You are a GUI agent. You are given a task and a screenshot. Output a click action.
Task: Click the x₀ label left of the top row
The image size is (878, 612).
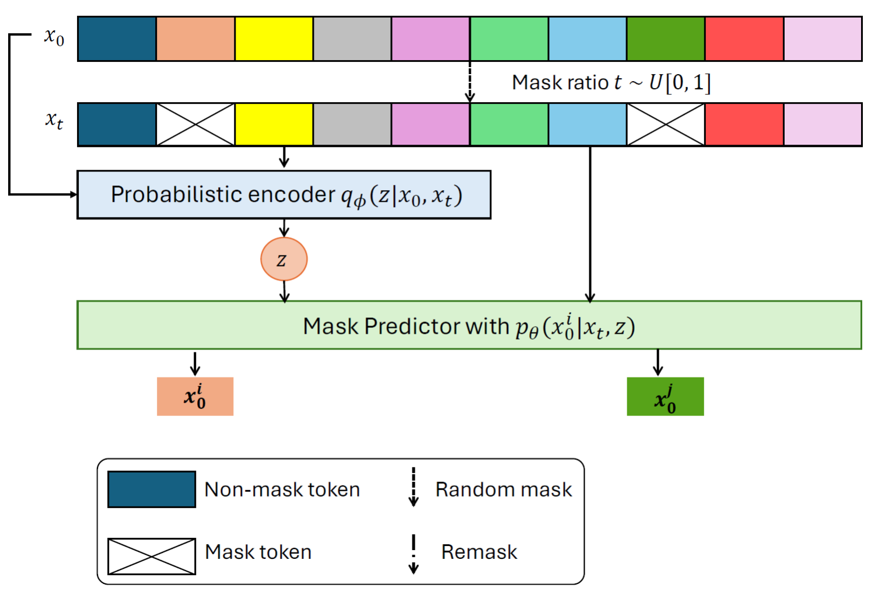[54, 37]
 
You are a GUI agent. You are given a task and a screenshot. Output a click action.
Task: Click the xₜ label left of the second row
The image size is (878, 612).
[54, 120]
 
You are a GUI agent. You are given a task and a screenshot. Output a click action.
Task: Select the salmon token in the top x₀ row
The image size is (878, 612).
[195, 39]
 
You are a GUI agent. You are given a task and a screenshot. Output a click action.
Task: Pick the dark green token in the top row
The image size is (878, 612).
[666, 39]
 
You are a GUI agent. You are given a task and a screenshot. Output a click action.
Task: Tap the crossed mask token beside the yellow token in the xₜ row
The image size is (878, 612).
[195, 124]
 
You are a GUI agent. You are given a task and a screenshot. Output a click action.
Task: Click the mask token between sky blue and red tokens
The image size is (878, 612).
[666, 124]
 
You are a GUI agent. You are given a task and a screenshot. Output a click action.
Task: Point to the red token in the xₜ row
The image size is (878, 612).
[744, 124]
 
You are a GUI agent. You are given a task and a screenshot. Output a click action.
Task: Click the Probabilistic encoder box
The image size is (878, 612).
[284, 195]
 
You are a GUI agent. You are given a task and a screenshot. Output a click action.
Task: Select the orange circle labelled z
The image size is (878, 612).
[284, 259]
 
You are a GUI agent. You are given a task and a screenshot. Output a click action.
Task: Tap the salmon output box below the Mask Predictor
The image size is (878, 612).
[195, 396]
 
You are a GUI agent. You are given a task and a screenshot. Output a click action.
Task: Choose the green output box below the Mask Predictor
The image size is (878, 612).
[665, 396]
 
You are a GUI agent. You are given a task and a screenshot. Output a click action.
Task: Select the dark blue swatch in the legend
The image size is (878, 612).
[152, 489]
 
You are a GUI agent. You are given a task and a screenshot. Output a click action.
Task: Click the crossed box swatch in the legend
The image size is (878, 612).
[152, 556]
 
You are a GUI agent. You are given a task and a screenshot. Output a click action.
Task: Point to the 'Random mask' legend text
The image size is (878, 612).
[503, 489]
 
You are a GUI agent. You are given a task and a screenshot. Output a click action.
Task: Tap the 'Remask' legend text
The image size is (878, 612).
[479, 552]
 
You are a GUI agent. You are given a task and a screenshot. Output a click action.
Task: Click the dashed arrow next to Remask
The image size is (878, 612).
[414, 554]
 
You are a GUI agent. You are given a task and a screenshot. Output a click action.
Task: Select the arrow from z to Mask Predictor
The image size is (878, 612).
[284, 291]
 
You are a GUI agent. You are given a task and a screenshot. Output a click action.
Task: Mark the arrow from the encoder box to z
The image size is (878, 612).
[284, 228]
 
